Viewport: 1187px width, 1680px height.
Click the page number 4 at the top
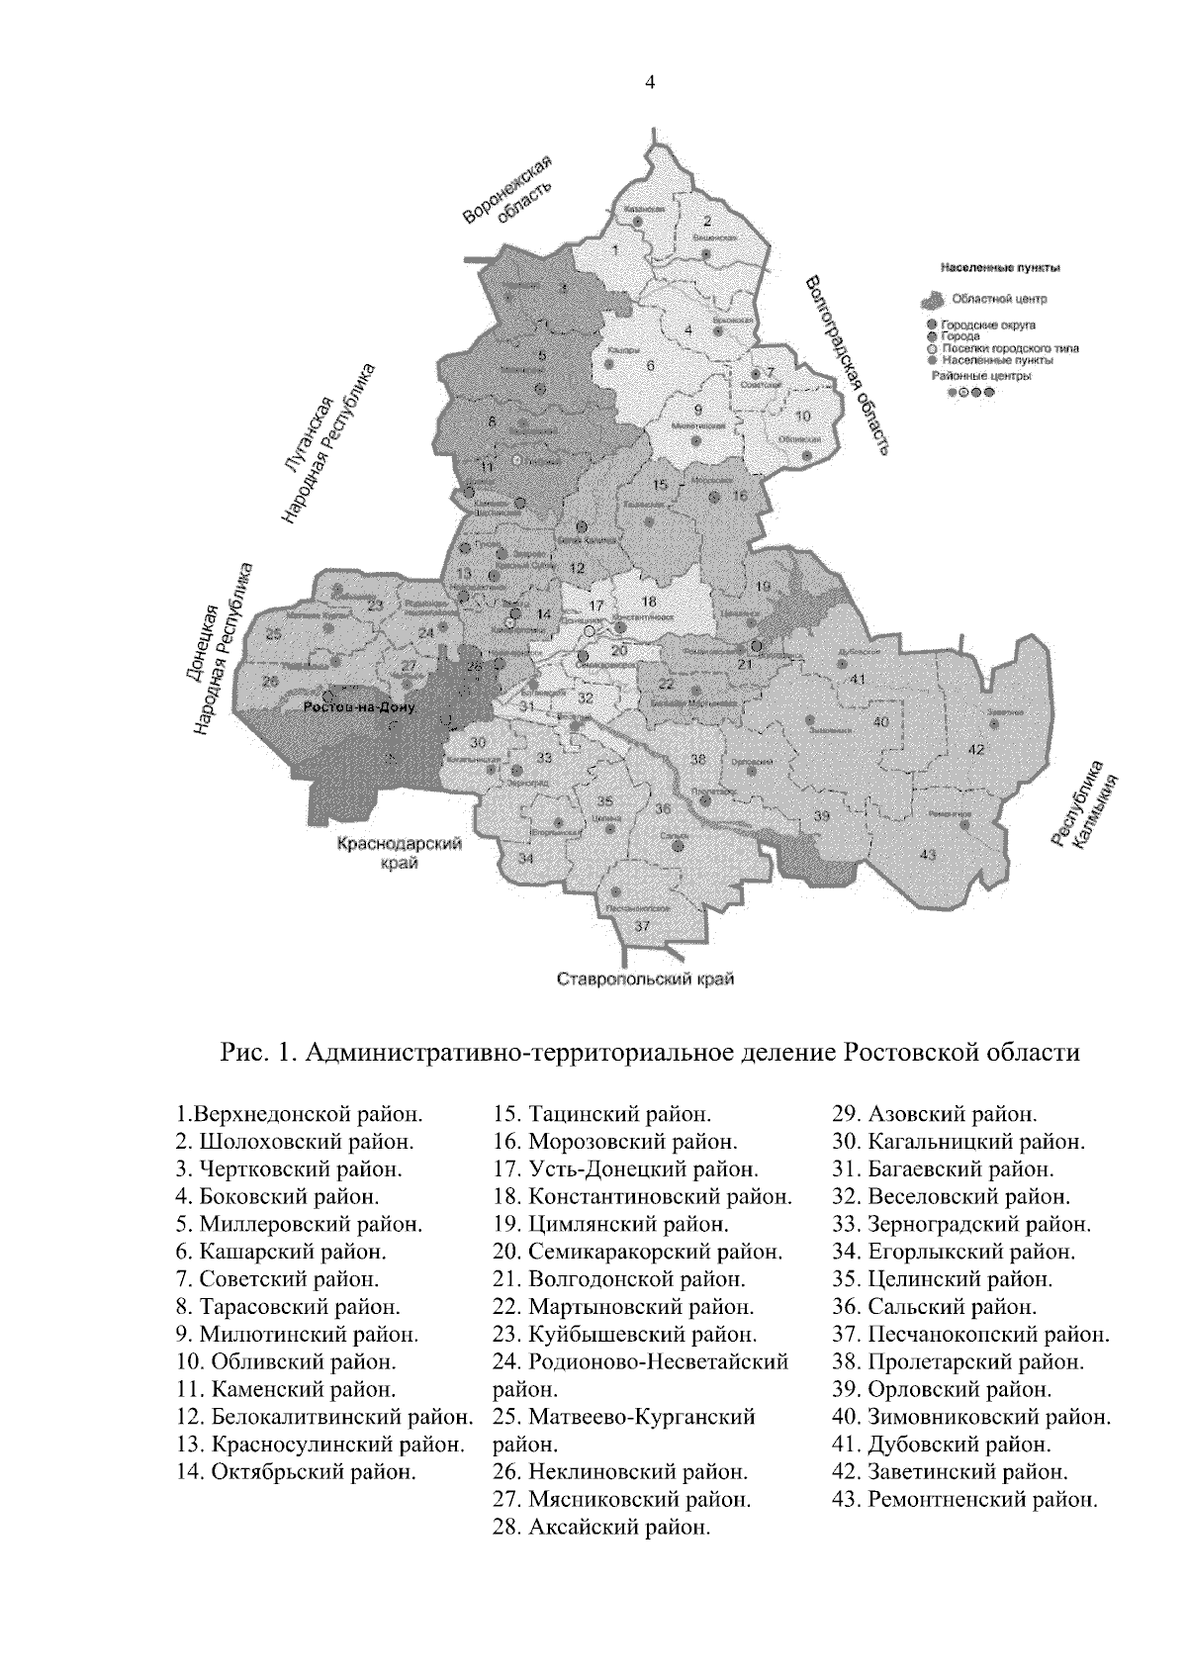point(649,83)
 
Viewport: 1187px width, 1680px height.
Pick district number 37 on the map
point(642,926)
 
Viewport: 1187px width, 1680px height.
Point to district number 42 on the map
point(976,750)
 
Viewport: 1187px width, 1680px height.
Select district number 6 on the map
point(650,366)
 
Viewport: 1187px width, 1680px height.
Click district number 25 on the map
point(274,633)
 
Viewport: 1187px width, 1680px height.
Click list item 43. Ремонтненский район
point(965,1499)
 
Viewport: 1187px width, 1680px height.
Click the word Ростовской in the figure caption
point(911,1051)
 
